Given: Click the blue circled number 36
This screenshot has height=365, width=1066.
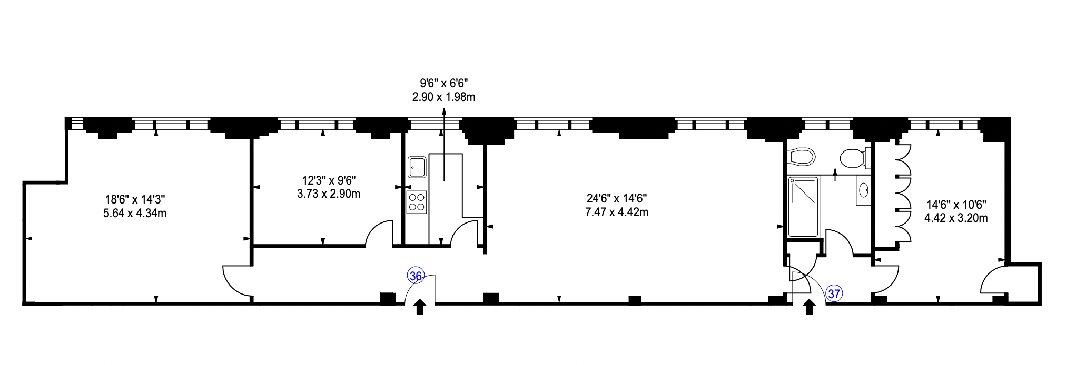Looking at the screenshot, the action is point(416,276).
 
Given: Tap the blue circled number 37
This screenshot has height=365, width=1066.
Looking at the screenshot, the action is point(834,293).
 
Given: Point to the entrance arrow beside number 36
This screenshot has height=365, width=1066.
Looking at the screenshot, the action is point(420,307).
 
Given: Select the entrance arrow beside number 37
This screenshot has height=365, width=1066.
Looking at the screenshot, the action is point(810,307).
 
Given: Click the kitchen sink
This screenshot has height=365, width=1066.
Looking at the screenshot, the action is point(417,167).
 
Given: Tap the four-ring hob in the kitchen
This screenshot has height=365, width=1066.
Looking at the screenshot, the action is point(417,202).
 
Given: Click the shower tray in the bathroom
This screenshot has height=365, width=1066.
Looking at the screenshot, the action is point(803,207).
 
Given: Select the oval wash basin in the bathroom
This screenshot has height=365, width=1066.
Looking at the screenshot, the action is point(864,190).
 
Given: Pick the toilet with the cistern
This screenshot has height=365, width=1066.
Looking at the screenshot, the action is point(854,158).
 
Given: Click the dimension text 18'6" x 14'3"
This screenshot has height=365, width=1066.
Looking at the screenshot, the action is point(135,199).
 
